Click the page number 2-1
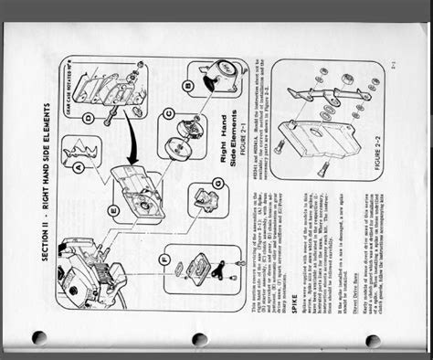[394, 65]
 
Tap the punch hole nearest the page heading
[39, 337]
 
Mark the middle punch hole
[199, 339]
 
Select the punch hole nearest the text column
[372, 340]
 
